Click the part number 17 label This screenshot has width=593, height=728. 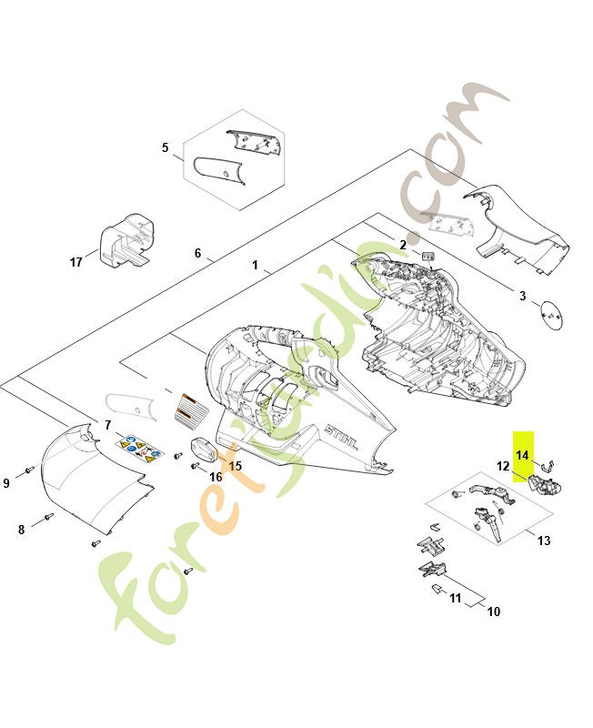tap(75, 262)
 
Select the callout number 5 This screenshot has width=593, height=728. tap(166, 147)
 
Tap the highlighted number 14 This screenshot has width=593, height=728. tap(522, 455)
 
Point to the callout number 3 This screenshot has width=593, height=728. tap(522, 296)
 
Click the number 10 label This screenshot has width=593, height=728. tap(494, 612)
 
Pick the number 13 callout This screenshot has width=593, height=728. tap(544, 541)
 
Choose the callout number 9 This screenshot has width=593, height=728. tap(6, 483)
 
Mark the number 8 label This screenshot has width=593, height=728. tap(21, 530)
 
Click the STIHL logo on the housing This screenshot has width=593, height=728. tap(342, 438)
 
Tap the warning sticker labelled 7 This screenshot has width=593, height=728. tap(140, 449)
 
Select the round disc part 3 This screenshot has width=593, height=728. tap(552, 315)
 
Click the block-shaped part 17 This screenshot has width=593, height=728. tap(126, 240)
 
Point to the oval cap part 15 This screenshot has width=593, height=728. tap(204, 450)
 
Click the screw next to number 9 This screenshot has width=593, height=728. tap(30, 470)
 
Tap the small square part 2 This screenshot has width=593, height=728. tap(427, 256)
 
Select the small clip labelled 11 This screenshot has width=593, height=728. tap(437, 588)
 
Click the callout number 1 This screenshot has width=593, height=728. tap(255, 265)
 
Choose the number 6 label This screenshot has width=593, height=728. tap(197, 253)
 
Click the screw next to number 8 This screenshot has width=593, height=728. tap(48, 516)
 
